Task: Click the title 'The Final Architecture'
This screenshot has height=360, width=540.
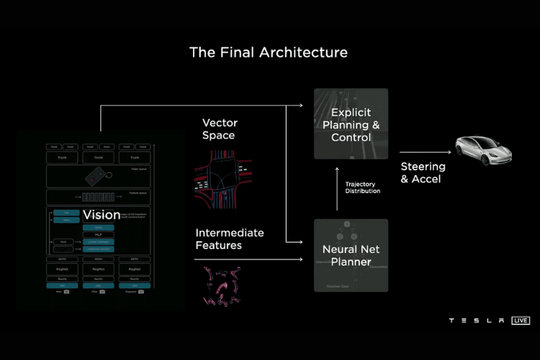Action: [x=268, y=53]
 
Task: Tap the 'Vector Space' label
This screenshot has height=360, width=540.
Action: [x=219, y=129]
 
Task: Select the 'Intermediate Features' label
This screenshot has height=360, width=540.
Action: [x=230, y=239]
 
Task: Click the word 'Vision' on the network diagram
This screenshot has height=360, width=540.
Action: [x=102, y=215]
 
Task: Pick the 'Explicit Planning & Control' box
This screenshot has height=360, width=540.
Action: [x=351, y=124]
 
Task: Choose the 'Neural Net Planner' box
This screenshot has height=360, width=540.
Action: [x=351, y=255]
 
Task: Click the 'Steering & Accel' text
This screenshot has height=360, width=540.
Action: [x=423, y=173]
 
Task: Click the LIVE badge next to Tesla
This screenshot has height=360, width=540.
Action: [x=521, y=320]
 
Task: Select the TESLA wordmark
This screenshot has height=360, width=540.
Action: [x=476, y=320]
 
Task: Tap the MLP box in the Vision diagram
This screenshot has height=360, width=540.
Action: [x=99, y=235]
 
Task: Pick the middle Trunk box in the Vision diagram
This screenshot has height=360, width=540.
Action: [x=98, y=157]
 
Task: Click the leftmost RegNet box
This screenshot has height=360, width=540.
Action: [x=62, y=269]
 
